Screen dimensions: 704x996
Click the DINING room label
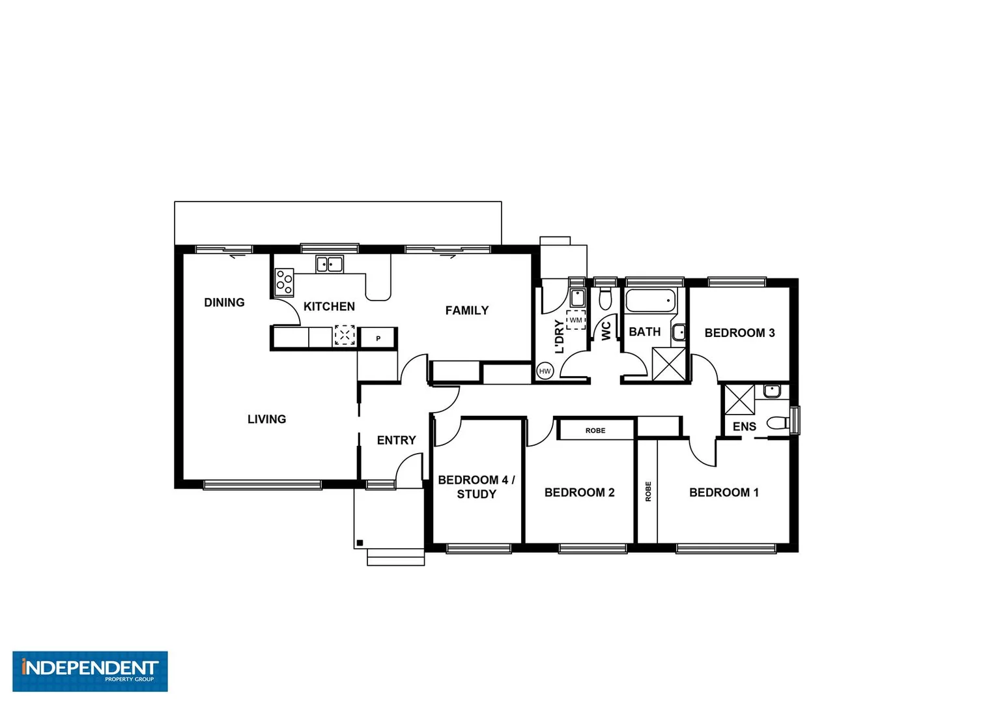tap(224, 302)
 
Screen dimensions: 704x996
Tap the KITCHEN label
tap(329, 306)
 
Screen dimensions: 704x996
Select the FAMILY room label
tap(466, 310)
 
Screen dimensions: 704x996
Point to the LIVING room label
tap(266, 419)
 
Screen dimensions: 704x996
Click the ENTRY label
tap(396, 440)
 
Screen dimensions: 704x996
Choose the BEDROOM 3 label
tap(739, 332)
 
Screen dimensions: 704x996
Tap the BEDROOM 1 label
tap(724, 492)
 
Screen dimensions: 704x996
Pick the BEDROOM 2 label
tap(579, 492)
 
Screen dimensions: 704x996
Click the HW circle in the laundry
tap(545, 372)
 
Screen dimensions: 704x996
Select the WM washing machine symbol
tap(576, 320)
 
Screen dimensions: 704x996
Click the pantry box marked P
tap(378, 338)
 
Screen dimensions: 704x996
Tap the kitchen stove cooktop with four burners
tap(284, 282)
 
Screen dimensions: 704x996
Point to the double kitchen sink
tap(330, 264)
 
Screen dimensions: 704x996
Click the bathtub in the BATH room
tap(651, 301)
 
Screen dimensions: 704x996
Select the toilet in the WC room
tap(605, 299)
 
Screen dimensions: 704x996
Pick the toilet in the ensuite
tap(778, 423)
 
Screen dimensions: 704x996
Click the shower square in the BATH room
tap(669, 364)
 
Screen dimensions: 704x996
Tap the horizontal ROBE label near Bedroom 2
tap(595, 430)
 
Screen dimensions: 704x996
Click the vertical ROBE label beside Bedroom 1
tap(648, 491)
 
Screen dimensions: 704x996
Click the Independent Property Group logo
tap(90, 671)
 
